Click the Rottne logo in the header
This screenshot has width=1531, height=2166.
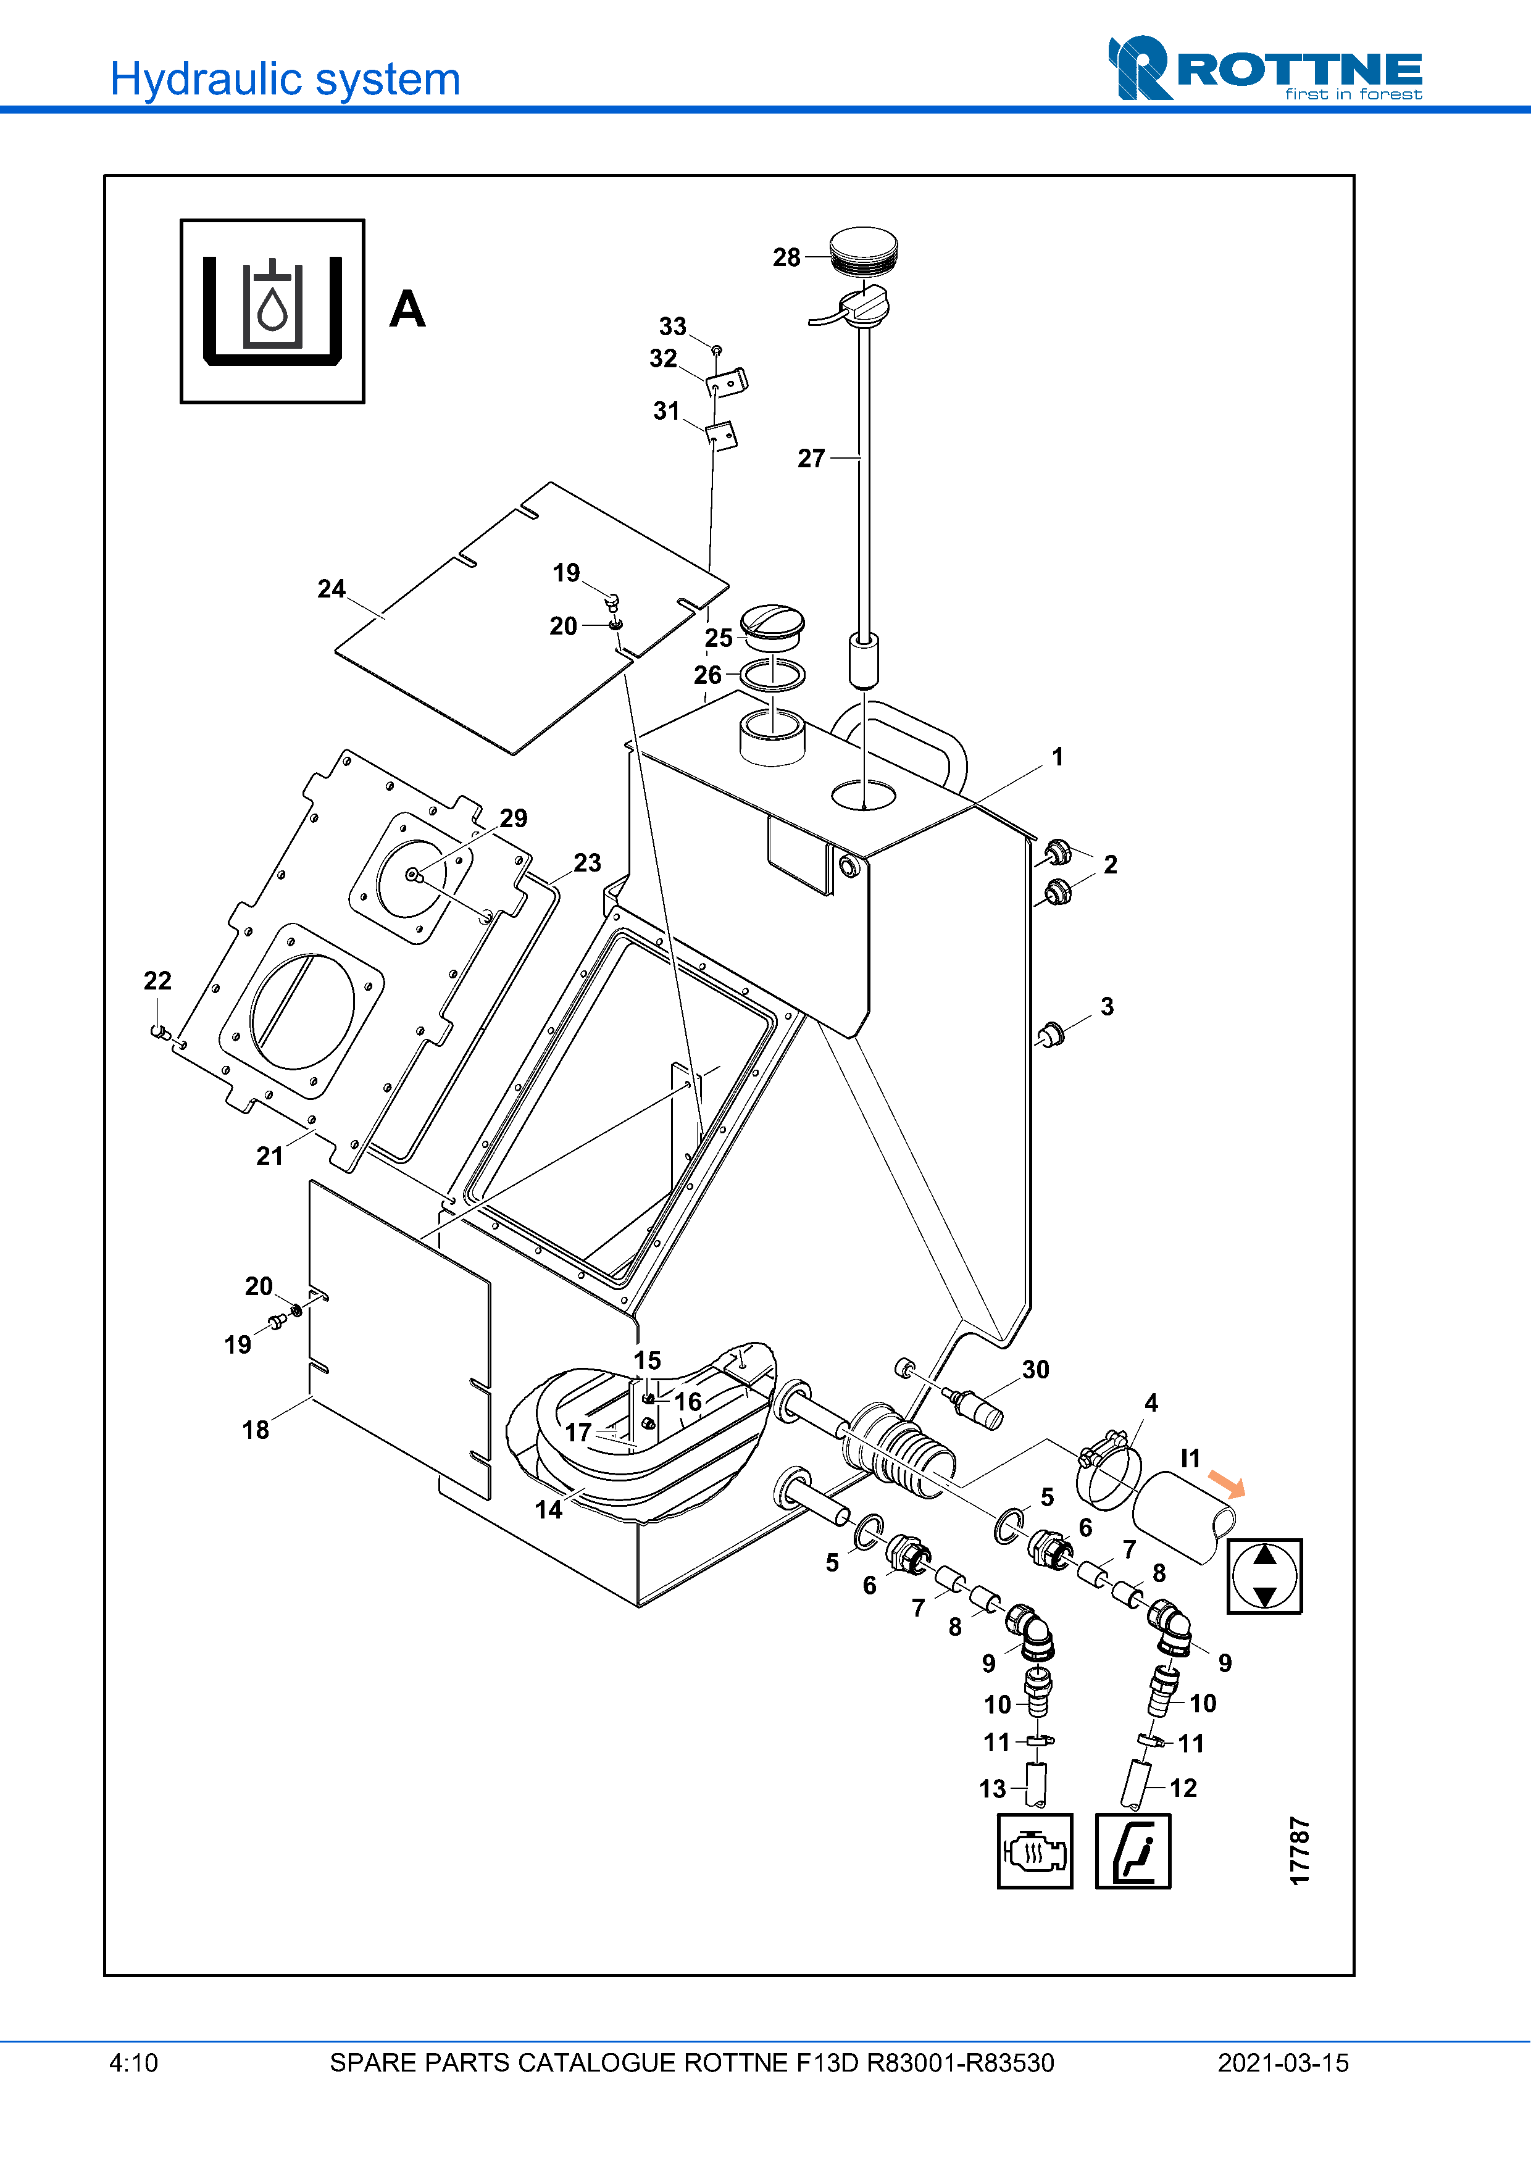1264,69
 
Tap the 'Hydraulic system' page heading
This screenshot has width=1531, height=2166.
285,79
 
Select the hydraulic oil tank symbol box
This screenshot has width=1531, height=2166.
273,311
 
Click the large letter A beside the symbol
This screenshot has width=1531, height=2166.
407,309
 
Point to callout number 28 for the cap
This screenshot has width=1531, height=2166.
786,257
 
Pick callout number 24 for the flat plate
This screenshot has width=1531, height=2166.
331,589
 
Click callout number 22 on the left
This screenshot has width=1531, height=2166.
157,981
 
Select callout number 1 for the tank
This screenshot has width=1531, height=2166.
1058,757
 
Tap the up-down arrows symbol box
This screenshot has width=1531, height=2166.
1264,1577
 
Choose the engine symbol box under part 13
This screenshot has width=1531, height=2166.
1035,1851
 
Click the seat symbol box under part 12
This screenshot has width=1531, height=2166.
1133,1851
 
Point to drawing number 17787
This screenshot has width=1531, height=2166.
1300,1852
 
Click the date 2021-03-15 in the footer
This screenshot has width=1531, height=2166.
1283,2063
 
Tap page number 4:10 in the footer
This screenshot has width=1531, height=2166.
134,2063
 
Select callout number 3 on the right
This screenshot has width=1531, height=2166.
1106,1007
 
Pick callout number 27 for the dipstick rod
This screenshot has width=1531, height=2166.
811,459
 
